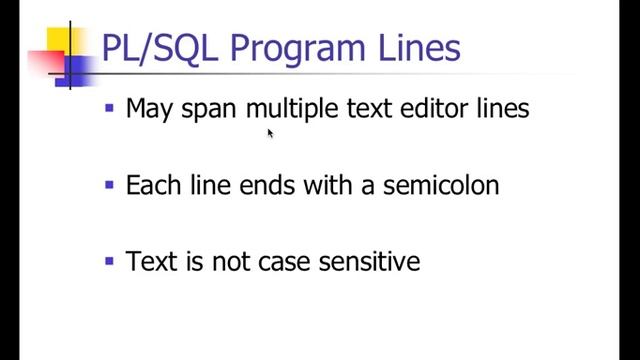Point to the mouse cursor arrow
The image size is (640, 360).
(270, 132)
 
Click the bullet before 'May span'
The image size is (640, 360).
(110, 106)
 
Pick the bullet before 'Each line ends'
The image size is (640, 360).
(110, 184)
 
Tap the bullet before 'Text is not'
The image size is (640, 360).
(110, 261)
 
